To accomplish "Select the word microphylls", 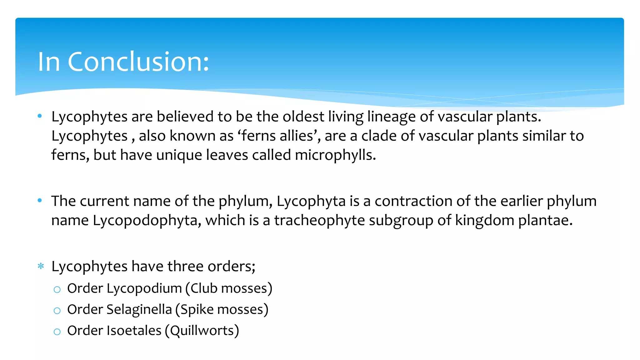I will (x=335, y=155).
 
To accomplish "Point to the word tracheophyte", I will (x=319, y=220).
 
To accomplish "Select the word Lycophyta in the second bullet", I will (x=311, y=201).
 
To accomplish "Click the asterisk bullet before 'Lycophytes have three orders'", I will (x=41, y=266).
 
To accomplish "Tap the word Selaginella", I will (x=139, y=309).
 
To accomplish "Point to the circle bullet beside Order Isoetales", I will (x=57, y=332).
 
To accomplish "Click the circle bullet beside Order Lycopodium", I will (x=57, y=289).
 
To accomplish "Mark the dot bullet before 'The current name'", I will (x=40, y=201).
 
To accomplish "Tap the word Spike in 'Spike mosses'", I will (x=197, y=309).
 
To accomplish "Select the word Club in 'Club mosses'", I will (x=204, y=288).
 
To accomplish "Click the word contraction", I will (x=413, y=201).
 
